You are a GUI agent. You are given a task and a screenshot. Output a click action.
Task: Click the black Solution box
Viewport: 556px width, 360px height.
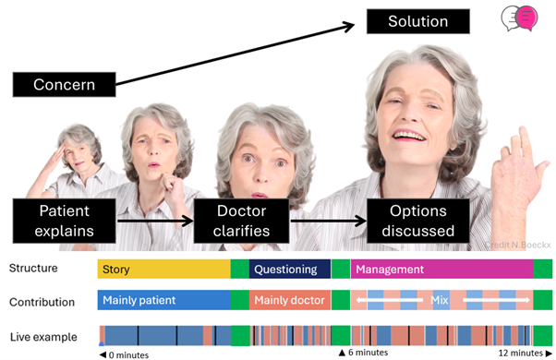pos(417,21)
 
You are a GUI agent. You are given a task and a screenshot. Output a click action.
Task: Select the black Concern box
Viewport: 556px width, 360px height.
pos(65,85)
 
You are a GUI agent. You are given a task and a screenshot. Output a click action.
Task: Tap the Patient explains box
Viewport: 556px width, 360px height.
pos(65,220)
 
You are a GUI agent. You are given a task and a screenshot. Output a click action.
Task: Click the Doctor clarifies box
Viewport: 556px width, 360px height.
pos(243,220)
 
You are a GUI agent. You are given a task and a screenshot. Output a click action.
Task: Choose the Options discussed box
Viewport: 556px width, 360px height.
pos(420,220)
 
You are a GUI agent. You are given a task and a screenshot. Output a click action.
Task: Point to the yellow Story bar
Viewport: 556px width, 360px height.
pos(163,270)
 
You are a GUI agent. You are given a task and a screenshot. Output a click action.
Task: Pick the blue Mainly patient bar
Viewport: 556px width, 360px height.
pos(163,301)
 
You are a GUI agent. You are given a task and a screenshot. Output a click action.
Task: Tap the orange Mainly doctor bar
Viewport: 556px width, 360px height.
pos(289,301)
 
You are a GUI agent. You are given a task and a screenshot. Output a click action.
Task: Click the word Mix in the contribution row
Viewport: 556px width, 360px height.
pos(439,301)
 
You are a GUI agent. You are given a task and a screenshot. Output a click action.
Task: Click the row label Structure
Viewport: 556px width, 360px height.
pos(33,270)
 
